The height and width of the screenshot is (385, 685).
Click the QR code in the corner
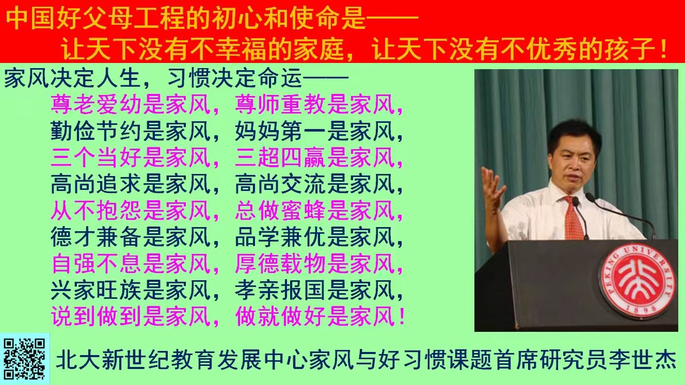click(24, 358)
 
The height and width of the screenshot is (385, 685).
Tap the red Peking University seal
click(636, 282)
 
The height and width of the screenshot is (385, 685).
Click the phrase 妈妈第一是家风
click(315, 132)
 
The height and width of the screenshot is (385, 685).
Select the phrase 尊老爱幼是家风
click(131, 105)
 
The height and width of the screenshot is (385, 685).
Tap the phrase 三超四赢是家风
click(315, 158)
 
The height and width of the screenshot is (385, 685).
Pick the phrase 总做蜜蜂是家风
click(315, 211)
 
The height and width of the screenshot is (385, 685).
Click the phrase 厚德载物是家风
click(315, 264)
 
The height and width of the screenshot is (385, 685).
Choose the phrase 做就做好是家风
click(315, 316)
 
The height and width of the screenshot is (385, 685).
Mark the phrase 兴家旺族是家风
click(131, 290)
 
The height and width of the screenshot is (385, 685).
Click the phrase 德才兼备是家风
click(131, 237)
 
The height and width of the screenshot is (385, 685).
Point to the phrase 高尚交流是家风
click(315, 184)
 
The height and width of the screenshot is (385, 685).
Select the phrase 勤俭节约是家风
click(131, 132)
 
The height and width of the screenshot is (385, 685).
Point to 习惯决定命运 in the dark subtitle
click(234, 79)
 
